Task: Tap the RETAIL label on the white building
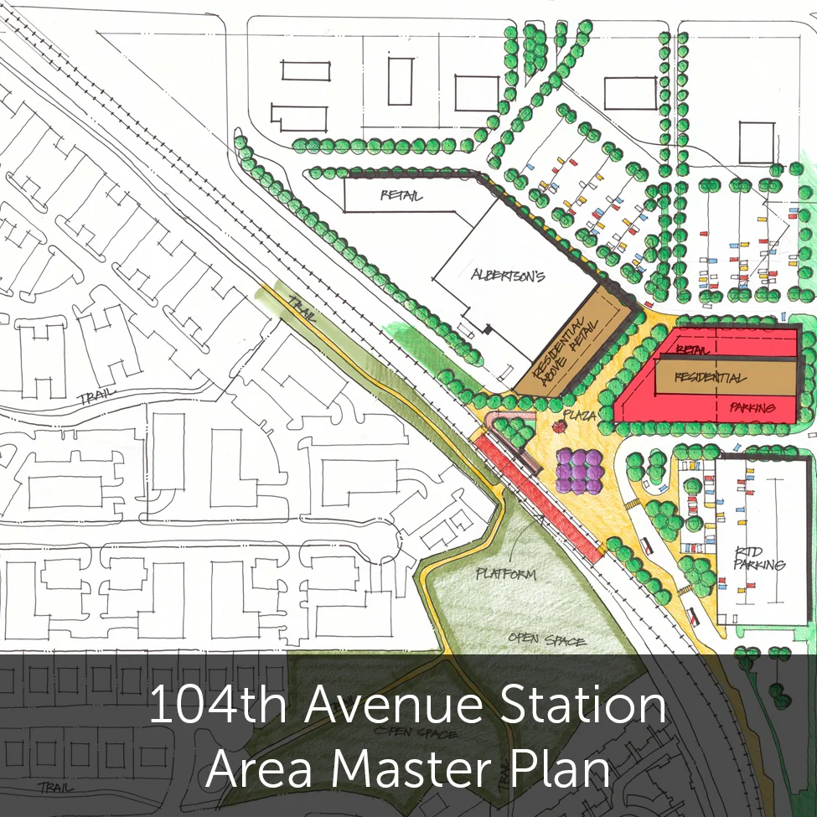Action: [400, 197]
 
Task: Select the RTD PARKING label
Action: [759, 558]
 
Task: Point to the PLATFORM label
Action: [505, 574]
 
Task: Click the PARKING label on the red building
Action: [752, 408]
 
